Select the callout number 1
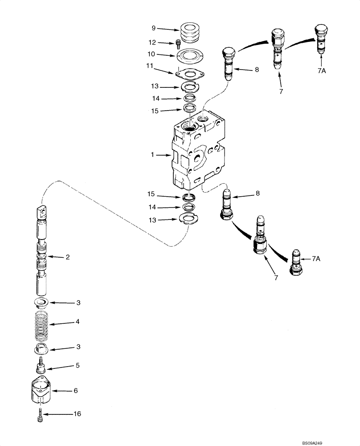pos(152,155)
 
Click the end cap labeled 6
pos(41,390)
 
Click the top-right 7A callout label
pos(322,70)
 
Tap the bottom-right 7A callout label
pos(315,259)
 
